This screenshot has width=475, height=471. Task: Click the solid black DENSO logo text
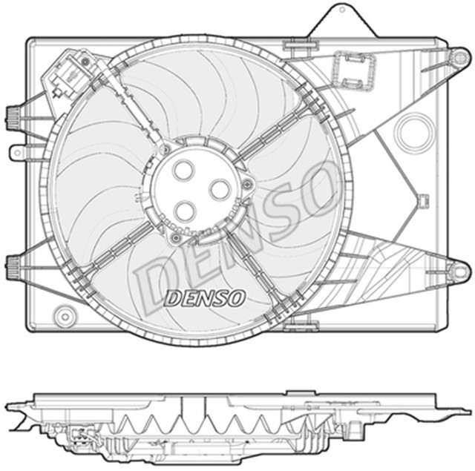pyautogui.click(x=204, y=297)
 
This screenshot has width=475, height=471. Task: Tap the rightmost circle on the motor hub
pyautogui.click(x=220, y=190)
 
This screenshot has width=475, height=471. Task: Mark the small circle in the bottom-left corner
pyautogui.click(x=64, y=312)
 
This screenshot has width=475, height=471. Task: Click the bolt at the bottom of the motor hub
pyautogui.click(x=176, y=238)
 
